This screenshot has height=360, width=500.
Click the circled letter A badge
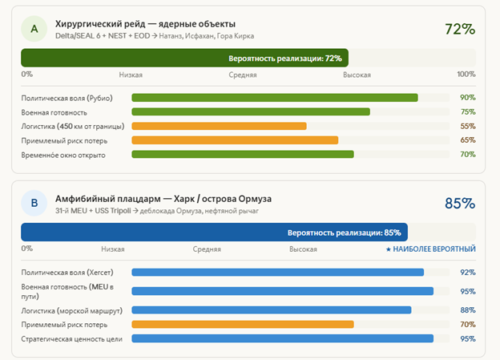pos(34,30)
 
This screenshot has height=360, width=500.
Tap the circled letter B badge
pos(34,204)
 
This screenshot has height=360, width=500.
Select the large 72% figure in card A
pos(460,30)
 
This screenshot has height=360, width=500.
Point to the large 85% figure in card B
pos(460,204)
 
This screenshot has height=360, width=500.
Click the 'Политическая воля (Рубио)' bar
pos(275,98)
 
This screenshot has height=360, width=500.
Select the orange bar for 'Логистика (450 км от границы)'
pos(219,126)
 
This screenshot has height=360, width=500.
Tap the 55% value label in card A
pos(468,127)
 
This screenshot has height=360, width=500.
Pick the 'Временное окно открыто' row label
pos(63,155)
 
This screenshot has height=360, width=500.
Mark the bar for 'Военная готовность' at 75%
pos(251,112)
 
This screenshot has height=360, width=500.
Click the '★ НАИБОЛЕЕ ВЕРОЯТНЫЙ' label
pos(430,249)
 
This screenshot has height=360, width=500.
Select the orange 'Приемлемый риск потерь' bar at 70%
pos(243,325)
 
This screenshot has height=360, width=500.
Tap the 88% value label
pos(468,310)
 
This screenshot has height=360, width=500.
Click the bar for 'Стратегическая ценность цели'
pos(283,338)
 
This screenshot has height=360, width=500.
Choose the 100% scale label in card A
pos(466,75)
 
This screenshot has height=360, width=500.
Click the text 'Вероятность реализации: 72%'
pos(285,59)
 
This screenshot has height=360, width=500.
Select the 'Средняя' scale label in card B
pos(207,249)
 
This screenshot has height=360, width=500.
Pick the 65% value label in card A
pos(468,140)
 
